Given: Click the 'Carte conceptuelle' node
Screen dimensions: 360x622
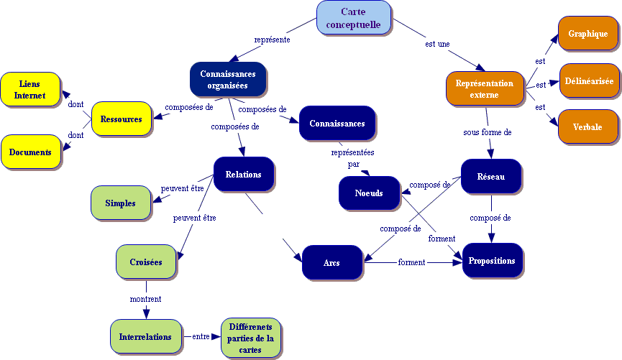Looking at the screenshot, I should point(353,18).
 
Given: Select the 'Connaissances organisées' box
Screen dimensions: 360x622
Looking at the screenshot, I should point(228,79).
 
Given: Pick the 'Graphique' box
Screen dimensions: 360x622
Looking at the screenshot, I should point(587,34).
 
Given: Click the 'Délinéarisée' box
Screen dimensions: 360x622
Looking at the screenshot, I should point(588,81).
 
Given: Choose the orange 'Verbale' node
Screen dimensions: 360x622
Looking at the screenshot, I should point(587,127).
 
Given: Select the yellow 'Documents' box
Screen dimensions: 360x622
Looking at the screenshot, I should point(30,152).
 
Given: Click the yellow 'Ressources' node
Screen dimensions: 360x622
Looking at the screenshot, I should point(121,119).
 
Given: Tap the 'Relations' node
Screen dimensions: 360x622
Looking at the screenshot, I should point(243,174).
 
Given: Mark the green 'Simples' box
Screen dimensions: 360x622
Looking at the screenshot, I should point(120,203).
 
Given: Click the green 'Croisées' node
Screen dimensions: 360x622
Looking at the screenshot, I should point(146,262).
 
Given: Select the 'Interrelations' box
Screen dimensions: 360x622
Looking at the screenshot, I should point(145,336).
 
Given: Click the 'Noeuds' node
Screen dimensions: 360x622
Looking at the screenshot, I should point(368,193).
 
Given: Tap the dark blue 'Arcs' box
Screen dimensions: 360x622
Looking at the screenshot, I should point(331,262).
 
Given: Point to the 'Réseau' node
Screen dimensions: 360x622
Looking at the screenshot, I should point(490,176).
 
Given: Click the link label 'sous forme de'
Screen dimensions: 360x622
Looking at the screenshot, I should point(487,133).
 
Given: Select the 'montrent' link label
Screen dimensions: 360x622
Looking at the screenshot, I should point(145,299).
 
